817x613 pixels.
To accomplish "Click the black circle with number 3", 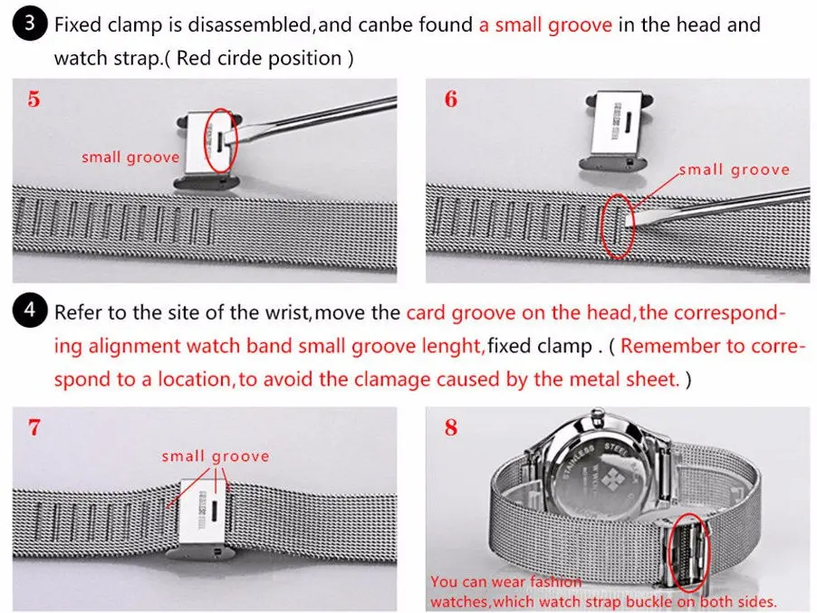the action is click(30, 24).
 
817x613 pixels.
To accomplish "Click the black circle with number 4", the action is click(30, 313).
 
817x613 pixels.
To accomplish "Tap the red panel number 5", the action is click(34, 100).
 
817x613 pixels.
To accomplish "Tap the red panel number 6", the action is click(450, 100).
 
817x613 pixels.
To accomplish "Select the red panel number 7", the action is click(34, 427).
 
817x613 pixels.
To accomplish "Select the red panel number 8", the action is click(450, 427).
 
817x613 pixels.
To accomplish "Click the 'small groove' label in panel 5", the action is click(130, 158).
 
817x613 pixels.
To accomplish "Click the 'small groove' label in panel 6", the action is click(734, 169).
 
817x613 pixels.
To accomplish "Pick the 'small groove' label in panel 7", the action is click(215, 456).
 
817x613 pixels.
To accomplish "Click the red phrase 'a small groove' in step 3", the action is click(545, 24).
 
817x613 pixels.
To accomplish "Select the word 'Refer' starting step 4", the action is click(77, 313).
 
